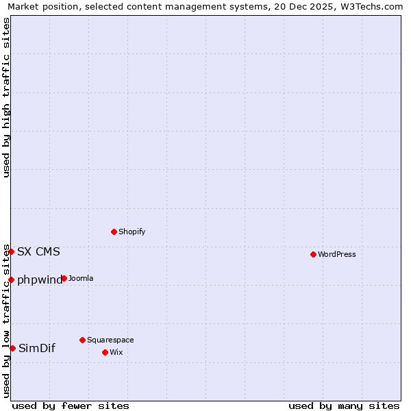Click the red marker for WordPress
[313, 254]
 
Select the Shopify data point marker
[114, 232]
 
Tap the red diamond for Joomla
[64, 278]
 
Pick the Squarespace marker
[82, 340]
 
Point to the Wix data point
[105, 352]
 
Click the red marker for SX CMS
[12, 251]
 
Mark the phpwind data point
[12, 279]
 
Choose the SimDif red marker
[12, 348]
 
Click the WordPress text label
[337, 254]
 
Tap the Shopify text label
[132, 232]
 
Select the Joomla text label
[81, 278]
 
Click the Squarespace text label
[110, 340]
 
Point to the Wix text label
[116, 352]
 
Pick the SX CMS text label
[38, 251]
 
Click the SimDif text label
[37, 348]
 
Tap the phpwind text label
[39, 279]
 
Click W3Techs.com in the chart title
[374, 7]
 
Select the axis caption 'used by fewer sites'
[71, 406]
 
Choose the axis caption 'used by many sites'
[344, 406]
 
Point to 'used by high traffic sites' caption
[6, 97]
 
